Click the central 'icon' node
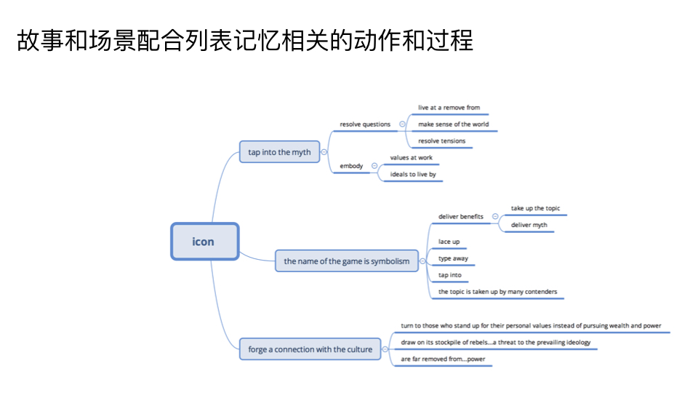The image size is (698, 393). pos(204,242)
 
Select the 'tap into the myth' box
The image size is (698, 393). pos(279,152)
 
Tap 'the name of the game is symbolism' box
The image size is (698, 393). pos(346,261)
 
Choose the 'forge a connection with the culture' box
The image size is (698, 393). pos(310,349)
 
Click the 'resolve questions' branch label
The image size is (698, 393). pos(365,124)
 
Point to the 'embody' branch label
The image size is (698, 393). pos(351,166)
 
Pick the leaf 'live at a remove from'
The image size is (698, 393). pos(449,108)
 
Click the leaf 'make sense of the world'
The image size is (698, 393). pos(453,124)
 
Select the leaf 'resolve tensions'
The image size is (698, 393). pos(441,141)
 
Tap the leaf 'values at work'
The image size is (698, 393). pos(411,157)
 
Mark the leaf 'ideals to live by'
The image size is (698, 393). pos(413,175)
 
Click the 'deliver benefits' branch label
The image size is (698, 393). pos(461,216)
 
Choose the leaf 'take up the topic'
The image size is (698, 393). pos(535,209)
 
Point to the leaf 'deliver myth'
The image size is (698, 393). pos(529,225)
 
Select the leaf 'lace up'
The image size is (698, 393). pos(449,242)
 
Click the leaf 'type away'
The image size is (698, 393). pos(453,258)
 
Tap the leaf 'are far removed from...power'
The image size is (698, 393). pos(442,359)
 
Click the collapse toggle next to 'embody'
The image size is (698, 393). pos(374,166)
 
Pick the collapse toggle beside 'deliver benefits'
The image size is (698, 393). pos(495,216)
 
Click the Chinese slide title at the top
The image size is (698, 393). pos(244,41)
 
